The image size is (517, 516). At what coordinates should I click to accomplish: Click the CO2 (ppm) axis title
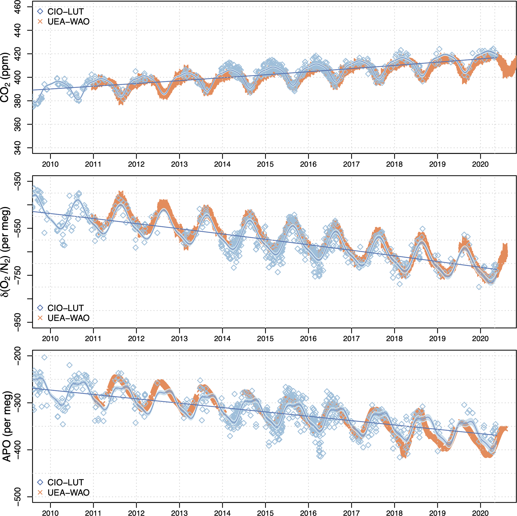(x=5, y=77)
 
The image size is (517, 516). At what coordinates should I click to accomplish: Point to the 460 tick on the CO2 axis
(x=18, y=7)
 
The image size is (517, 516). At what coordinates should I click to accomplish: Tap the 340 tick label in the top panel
(x=18, y=148)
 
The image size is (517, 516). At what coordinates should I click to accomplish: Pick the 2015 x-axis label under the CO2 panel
(x=265, y=164)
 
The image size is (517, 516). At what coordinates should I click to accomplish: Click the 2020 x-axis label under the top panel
(x=480, y=164)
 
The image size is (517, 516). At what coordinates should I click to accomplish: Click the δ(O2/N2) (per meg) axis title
(x=5, y=252)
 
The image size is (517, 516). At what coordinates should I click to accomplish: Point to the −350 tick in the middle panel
(x=18, y=182)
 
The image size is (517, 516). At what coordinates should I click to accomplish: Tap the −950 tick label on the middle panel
(x=18, y=322)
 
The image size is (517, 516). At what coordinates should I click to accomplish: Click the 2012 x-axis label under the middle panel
(x=136, y=338)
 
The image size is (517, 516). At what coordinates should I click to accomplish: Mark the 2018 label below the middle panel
(x=394, y=338)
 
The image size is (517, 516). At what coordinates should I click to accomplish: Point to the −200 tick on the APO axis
(x=18, y=356)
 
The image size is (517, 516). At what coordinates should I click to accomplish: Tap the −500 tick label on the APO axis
(x=18, y=497)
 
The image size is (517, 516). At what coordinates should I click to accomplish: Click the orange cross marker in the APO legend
(x=40, y=493)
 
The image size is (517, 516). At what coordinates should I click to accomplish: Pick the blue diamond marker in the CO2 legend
(x=40, y=11)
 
